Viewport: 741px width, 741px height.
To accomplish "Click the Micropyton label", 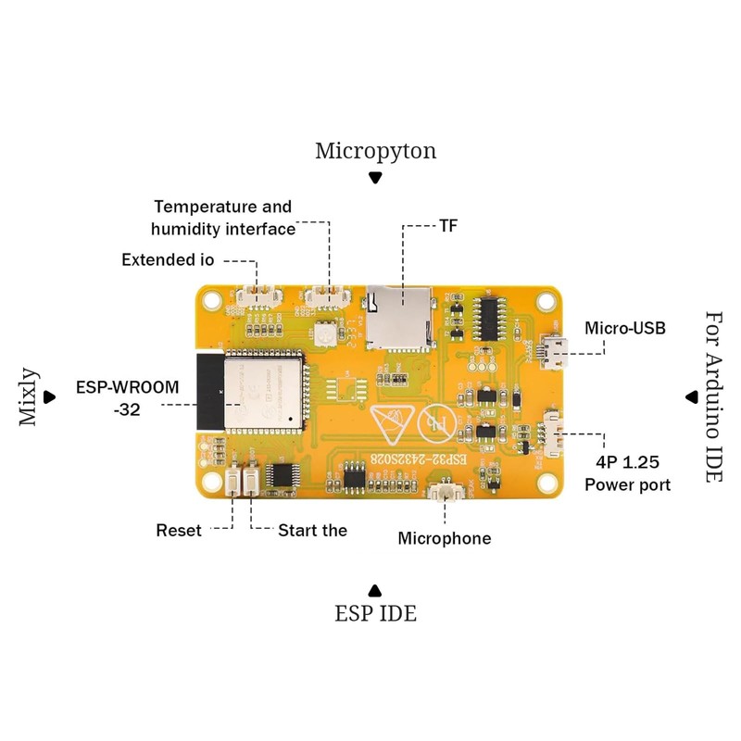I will [375, 151].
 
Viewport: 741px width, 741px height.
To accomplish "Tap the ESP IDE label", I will [375, 613].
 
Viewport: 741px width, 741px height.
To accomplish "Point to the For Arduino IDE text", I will [713, 396].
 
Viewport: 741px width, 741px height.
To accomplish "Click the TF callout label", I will [450, 225].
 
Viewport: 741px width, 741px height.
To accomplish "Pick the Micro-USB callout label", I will [625, 328].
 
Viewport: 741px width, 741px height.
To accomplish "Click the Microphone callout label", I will [445, 538].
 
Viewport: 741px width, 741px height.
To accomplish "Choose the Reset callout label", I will [179, 531].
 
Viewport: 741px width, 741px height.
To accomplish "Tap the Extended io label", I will [168, 260].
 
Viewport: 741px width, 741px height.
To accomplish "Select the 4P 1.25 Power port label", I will [627, 472].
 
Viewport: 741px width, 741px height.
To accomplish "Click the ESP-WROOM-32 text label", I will [128, 397].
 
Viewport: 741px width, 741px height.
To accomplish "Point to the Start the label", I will [313, 531].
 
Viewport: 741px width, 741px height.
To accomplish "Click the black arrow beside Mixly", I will [61, 396].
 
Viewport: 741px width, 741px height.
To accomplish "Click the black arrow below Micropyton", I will [375, 178].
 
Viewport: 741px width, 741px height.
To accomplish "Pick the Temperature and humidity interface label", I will [223, 218].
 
